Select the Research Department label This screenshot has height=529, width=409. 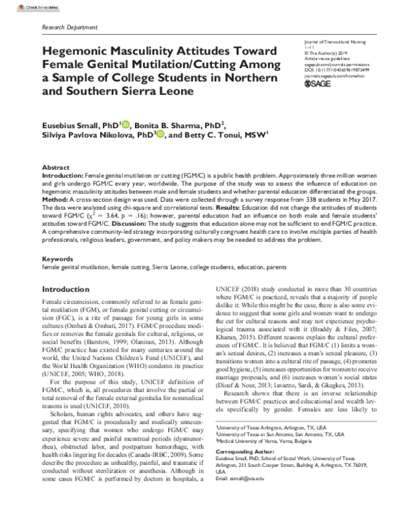67,25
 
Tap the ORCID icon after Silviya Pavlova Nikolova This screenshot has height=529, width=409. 161,135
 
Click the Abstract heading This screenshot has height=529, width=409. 55,167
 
